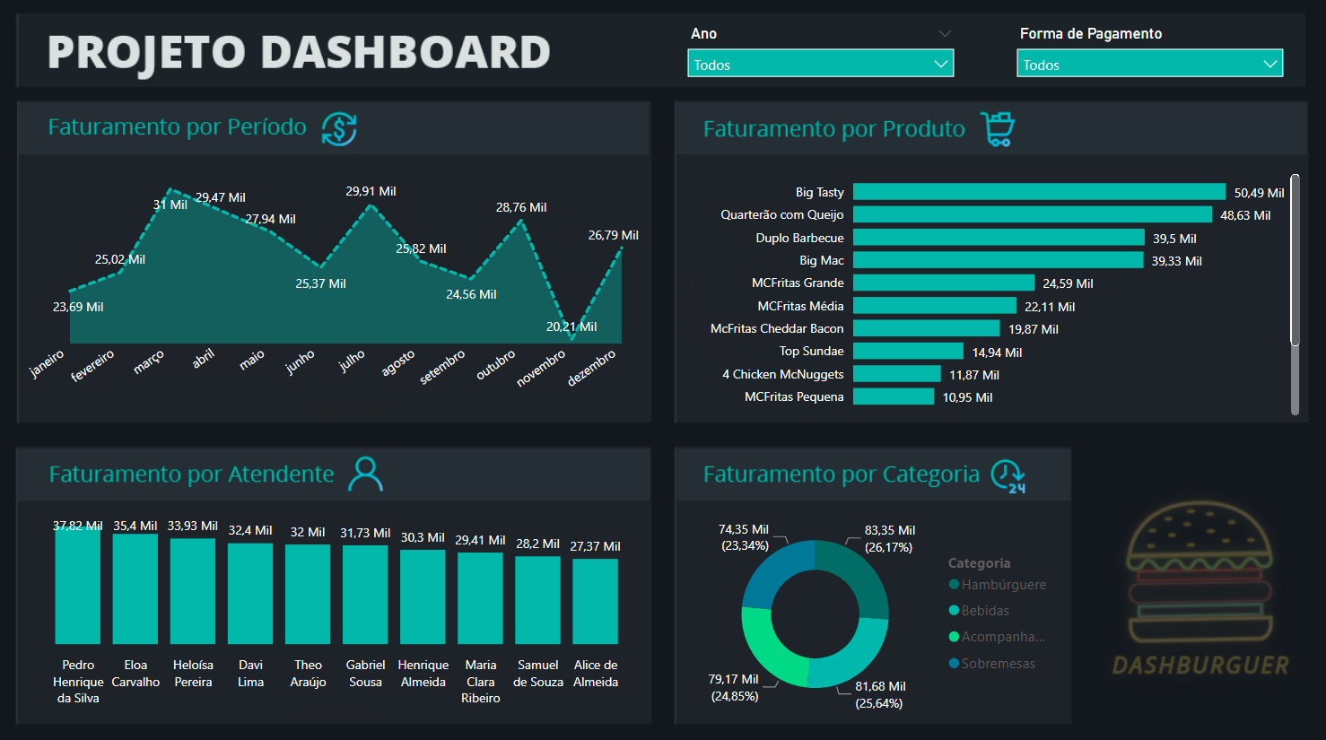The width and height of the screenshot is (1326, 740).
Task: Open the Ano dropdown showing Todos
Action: [820, 65]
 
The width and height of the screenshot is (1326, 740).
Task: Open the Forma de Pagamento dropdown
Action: [1149, 65]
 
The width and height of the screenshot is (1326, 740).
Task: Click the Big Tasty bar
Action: [1039, 192]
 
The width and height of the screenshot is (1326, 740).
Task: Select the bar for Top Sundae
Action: [908, 352]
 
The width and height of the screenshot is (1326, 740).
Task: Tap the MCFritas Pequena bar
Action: [893, 396]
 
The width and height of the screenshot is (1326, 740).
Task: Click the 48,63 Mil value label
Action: [1245, 215]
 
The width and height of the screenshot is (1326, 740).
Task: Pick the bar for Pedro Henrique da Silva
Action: [78, 586]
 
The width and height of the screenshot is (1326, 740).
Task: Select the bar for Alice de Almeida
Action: [595, 601]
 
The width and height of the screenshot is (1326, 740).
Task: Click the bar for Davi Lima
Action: [250, 593]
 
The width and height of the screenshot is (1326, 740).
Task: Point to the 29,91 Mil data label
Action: [371, 191]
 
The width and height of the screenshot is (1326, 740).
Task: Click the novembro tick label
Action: [541, 369]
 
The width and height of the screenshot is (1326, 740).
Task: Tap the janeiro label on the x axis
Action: [47, 363]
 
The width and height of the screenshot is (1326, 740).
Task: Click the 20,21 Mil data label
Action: [571, 326]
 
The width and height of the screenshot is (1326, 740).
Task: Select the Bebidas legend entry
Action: [984, 611]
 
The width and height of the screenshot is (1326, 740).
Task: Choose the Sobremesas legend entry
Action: [997, 664]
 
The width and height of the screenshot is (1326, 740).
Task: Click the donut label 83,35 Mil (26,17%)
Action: [889, 538]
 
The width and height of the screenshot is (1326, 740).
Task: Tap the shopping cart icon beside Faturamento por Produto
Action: [997, 129]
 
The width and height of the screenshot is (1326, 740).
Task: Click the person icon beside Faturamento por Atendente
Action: [365, 474]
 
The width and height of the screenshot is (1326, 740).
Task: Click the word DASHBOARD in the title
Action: [406, 52]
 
